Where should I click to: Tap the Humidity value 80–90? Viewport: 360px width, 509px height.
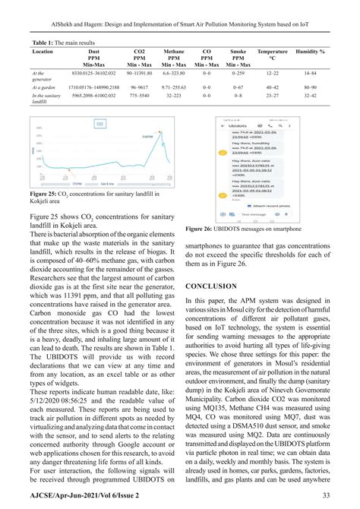pos(309,88)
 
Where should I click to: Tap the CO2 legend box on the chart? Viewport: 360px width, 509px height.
pos(87,182)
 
